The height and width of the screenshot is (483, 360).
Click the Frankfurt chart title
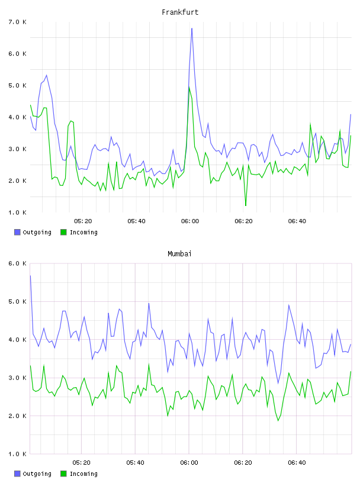pyautogui.click(x=180, y=12)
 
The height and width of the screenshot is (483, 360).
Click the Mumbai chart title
pyautogui.click(x=179, y=254)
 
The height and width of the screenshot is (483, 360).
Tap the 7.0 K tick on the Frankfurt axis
pyautogui.click(x=17, y=22)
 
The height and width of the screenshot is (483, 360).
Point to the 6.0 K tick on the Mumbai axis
pyautogui.click(x=17, y=263)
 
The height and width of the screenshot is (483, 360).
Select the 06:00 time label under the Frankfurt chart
pyautogui.click(x=190, y=221)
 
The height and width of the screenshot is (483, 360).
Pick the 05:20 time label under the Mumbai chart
pyautogui.click(x=81, y=463)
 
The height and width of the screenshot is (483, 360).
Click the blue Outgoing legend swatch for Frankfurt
pyautogui.click(x=17, y=232)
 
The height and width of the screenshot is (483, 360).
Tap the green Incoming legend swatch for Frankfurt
pyautogui.click(x=63, y=232)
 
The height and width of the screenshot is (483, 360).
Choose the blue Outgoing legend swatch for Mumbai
pyautogui.click(x=17, y=474)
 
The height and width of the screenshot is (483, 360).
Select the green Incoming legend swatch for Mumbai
pyautogui.click(x=63, y=474)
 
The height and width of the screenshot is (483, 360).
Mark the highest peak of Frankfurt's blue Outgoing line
pyautogui.click(x=192, y=28)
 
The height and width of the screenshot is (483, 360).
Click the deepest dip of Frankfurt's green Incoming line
pyautogui.click(x=246, y=205)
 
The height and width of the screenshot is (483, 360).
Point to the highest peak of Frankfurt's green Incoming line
pyautogui.click(x=189, y=87)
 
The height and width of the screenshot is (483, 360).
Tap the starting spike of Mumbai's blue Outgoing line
pyautogui.click(x=31, y=276)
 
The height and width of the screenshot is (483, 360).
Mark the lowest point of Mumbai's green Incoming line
pyautogui.click(x=278, y=420)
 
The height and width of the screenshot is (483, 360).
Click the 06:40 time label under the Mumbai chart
pyautogui.click(x=297, y=463)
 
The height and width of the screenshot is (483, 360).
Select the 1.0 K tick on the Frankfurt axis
pyautogui.click(x=17, y=212)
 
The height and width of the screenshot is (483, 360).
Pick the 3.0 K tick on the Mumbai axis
pyautogui.click(x=17, y=378)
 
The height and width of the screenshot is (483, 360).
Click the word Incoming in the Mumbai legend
pyautogui.click(x=83, y=474)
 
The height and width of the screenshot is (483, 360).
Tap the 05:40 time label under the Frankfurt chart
pyautogui.click(x=136, y=221)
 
